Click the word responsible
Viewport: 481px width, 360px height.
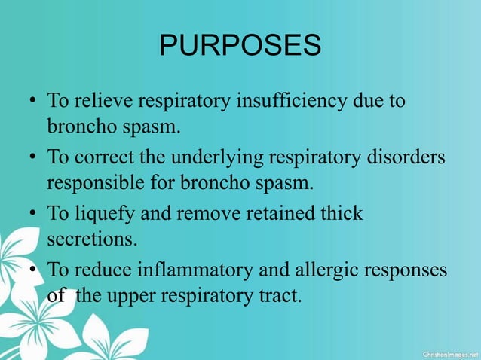(x=93, y=182)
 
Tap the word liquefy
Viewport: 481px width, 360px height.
(x=105, y=215)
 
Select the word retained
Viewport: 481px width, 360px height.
(x=280, y=214)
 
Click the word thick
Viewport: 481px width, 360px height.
(x=342, y=214)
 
